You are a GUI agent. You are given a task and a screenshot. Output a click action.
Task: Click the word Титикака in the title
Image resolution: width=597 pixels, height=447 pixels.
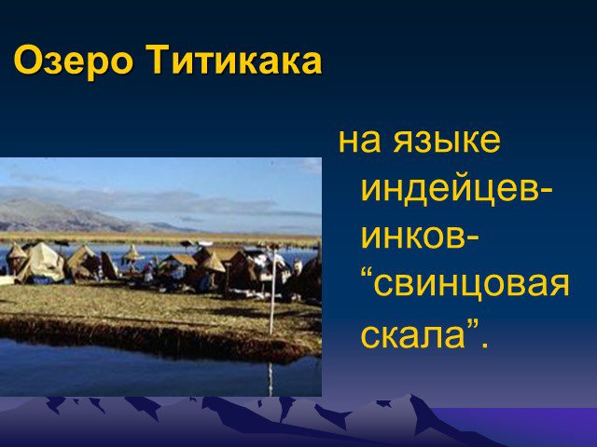click(234, 61)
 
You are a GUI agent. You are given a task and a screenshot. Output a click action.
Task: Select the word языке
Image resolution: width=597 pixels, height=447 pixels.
click(447, 142)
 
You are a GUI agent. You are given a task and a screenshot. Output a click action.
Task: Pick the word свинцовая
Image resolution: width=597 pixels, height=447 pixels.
click(470, 286)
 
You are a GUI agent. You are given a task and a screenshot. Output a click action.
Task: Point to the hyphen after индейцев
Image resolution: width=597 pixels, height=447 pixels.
click(544, 192)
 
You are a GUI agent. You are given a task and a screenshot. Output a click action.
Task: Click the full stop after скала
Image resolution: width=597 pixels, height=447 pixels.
click(484, 344)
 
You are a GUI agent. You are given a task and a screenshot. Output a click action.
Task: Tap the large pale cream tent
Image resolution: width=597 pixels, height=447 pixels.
click(42, 263)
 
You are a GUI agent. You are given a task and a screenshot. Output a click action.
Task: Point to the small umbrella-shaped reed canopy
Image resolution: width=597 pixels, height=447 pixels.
click(132, 253)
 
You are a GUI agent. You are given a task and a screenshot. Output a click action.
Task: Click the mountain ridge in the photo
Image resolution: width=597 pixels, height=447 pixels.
click(76, 215)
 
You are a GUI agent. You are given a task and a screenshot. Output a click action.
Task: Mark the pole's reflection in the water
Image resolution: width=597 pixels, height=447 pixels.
click(271, 379)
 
